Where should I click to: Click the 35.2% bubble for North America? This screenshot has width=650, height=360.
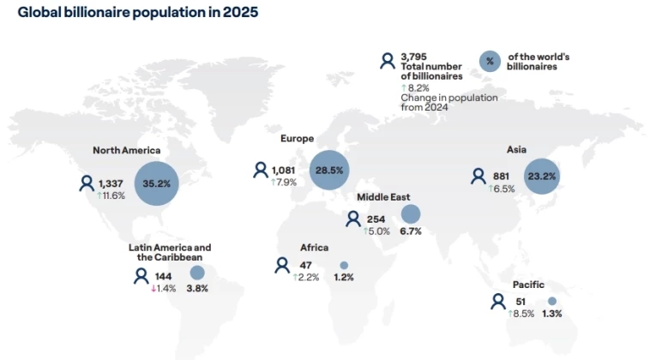(156, 183)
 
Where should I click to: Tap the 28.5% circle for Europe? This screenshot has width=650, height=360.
(329, 171)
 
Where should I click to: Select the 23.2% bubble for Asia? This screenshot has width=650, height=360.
(541, 176)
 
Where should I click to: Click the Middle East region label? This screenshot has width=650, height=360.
(383, 197)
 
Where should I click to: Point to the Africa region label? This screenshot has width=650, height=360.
(314, 248)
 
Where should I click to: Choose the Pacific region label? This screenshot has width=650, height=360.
(528, 285)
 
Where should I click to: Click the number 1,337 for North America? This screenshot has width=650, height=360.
(111, 183)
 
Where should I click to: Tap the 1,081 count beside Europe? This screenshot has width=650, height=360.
(283, 171)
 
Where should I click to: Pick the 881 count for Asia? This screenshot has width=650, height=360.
(501, 177)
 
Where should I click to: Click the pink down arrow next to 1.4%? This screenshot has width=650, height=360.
(153, 289)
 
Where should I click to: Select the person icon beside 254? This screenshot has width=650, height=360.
(353, 219)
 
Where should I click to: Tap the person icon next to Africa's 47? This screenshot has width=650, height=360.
(282, 265)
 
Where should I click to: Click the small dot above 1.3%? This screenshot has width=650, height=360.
(551, 301)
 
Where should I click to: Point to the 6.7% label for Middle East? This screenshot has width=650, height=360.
(411, 231)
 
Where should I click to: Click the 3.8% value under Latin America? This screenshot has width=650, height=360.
(197, 288)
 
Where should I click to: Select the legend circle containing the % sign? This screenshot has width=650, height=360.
(490, 62)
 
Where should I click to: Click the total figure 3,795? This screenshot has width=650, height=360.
(413, 57)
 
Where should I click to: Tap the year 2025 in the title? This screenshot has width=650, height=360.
(240, 12)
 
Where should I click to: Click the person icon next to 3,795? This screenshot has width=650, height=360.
(388, 62)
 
